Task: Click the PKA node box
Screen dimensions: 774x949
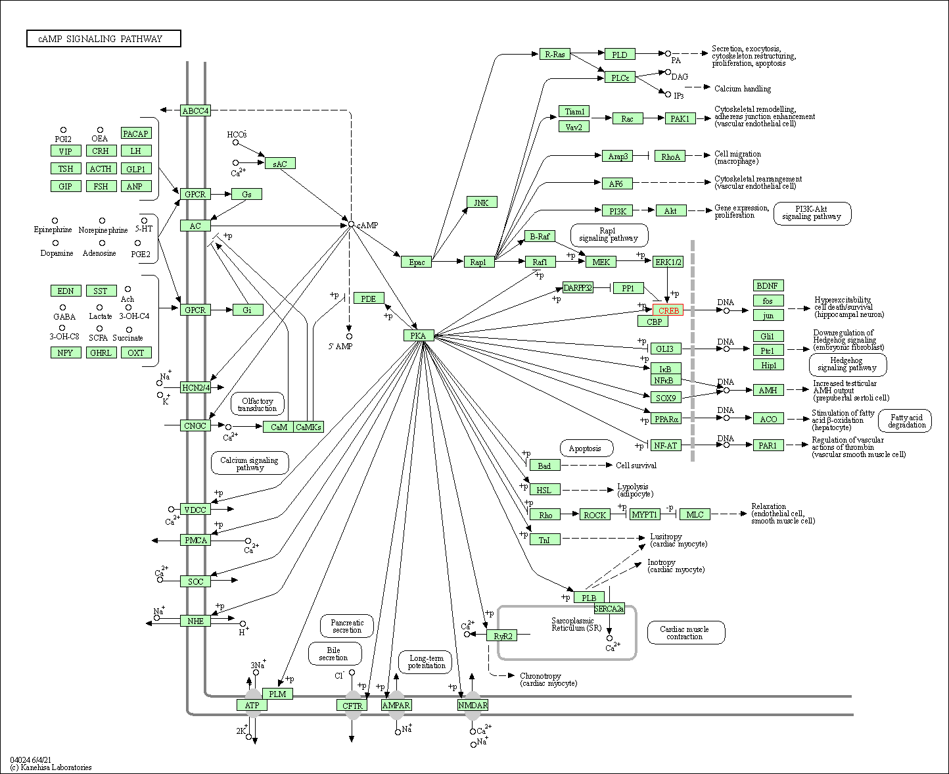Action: (419, 335)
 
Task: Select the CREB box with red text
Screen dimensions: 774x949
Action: (668, 310)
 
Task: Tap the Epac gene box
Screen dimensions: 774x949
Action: (417, 262)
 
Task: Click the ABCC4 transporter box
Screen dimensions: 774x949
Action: (195, 110)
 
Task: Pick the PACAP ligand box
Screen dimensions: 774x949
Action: (136, 133)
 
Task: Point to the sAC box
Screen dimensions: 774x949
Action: (281, 163)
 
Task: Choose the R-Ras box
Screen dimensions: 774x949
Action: (555, 54)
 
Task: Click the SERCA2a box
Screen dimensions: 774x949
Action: (609, 609)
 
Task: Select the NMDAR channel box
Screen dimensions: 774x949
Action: (473, 705)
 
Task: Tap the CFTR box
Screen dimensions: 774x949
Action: (352, 705)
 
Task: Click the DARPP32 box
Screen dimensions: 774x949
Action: (578, 288)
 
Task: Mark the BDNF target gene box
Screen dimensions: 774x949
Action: (768, 285)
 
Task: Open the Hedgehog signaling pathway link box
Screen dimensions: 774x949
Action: (847, 364)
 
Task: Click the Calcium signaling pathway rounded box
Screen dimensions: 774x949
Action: (250, 464)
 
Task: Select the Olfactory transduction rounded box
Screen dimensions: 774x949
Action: (258, 404)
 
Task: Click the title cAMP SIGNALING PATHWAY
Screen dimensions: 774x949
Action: (103, 39)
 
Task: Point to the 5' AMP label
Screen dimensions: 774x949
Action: (340, 346)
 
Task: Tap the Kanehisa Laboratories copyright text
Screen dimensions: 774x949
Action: (51, 767)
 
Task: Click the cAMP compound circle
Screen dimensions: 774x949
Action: (351, 224)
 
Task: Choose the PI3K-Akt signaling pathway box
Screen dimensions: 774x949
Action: (812, 212)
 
